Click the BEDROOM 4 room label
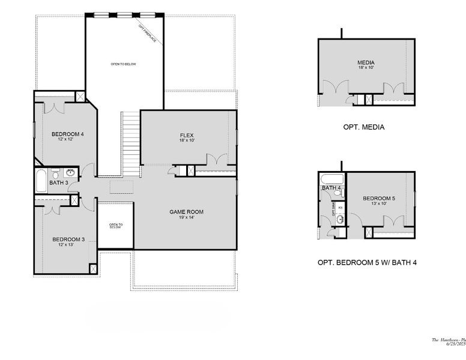(x=67, y=134)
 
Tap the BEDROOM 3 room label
(x=67, y=239)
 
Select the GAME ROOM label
(x=186, y=212)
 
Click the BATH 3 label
(x=58, y=183)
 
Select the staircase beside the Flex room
(x=130, y=143)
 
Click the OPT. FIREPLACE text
(x=147, y=34)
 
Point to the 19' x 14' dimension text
(x=186, y=217)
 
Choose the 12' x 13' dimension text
(x=67, y=245)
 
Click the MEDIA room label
(x=366, y=62)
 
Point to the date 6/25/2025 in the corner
(x=455, y=344)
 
